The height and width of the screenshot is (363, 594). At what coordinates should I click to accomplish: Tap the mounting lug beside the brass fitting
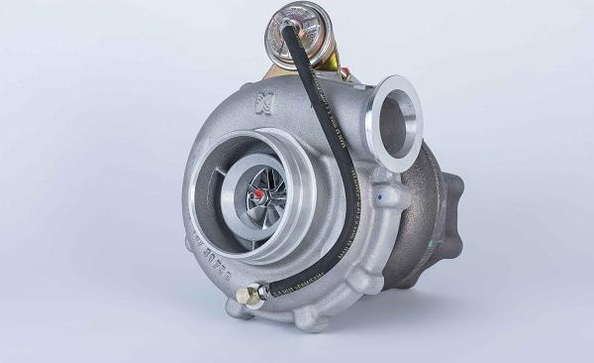click(x=239, y=308)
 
